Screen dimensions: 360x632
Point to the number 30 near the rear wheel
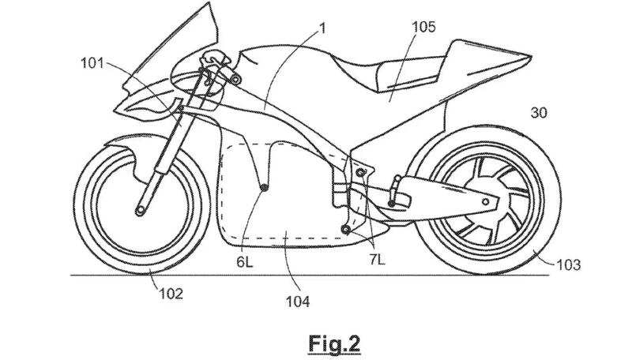539,113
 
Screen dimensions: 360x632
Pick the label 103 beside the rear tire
568,264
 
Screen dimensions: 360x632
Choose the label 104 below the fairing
298,301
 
